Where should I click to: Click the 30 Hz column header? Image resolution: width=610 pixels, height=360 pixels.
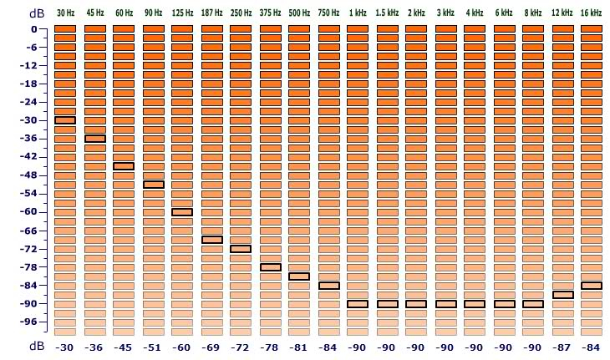pyautogui.click(x=65, y=13)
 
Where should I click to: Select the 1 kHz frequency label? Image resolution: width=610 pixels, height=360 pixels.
pyautogui.click(x=358, y=13)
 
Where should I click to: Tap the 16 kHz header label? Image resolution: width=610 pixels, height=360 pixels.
pyautogui.click(x=592, y=13)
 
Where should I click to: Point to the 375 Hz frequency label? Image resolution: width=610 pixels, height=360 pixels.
pyautogui.click(x=270, y=13)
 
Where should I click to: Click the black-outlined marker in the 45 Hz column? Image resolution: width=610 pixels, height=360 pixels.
pyautogui.click(x=94, y=139)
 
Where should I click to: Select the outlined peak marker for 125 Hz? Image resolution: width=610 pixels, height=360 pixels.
pyautogui.click(x=182, y=212)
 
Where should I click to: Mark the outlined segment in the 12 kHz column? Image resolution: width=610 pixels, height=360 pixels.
pyautogui.click(x=562, y=295)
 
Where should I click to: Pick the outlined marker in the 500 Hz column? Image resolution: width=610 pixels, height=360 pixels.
pyautogui.click(x=299, y=276)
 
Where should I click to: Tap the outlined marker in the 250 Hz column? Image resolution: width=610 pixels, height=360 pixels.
pyautogui.click(x=241, y=249)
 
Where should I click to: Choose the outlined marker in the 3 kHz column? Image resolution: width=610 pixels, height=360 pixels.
pyautogui.click(x=445, y=304)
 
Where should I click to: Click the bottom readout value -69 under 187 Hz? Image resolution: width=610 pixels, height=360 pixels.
pyautogui.click(x=211, y=347)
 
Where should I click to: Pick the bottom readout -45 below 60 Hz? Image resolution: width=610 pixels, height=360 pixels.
pyautogui.click(x=124, y=347)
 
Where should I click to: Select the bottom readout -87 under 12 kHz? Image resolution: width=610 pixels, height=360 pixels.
pyautogui.click(x=562, y=347)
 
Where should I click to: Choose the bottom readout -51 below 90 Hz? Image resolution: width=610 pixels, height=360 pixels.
pyautogui.click(x=153, y=347)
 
